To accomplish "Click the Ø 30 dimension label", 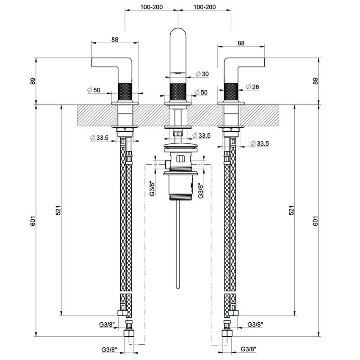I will click(202, 74).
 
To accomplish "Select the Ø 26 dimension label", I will click(252, 87).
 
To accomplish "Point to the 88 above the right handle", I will click(241, 43).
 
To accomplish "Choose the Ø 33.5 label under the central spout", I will click(201, 136).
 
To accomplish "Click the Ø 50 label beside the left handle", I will click(94, 90).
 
